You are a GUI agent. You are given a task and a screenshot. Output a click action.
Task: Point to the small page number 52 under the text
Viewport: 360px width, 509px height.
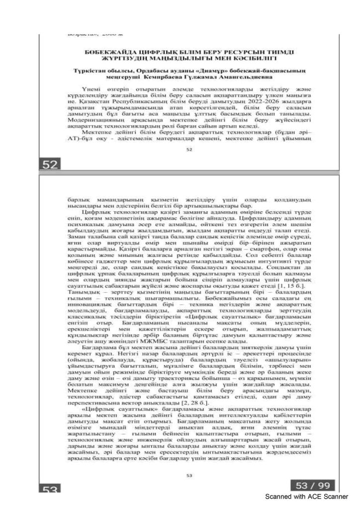pos(188,149)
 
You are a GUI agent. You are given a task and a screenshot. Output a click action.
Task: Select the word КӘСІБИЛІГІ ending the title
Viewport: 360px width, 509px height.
pos(222,58)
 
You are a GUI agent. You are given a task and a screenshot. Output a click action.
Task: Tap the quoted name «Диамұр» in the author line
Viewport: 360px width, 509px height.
pos(193,71)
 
